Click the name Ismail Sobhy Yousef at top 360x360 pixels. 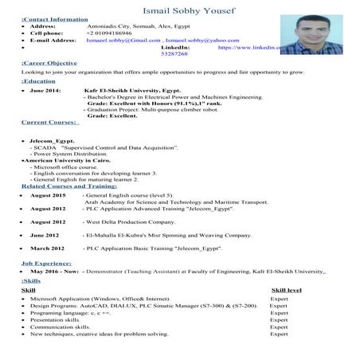tap(181, 7)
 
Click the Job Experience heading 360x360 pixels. tap(48, 262)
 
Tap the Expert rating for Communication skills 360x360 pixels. tap(278, 326)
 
